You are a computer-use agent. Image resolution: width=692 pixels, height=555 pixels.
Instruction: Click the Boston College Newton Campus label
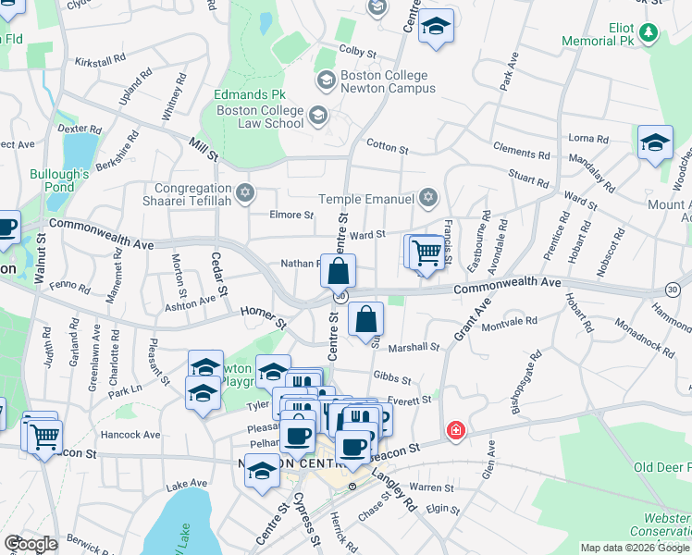[384, 82]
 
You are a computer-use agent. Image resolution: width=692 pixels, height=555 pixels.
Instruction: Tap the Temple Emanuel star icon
[427, 197]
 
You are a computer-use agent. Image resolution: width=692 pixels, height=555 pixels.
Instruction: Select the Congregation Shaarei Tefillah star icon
[244, 193]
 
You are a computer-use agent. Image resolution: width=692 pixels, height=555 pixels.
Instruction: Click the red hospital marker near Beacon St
[455, 430]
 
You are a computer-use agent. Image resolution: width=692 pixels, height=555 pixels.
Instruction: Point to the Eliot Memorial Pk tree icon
[649, 35]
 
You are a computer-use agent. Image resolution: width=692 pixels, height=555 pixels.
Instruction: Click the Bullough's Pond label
[58, 180]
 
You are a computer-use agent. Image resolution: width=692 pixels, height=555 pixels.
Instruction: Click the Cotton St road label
[387, 147]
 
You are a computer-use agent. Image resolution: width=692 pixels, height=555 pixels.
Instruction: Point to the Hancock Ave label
[132, 434]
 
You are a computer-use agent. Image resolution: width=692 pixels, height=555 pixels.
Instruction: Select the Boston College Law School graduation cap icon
[317, 116]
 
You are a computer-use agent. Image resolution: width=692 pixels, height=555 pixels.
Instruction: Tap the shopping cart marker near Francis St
[426, 252]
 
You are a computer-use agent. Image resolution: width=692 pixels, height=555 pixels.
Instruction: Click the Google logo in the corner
[31, 544]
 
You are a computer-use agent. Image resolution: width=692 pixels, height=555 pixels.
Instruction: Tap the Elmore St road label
[291, 215]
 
